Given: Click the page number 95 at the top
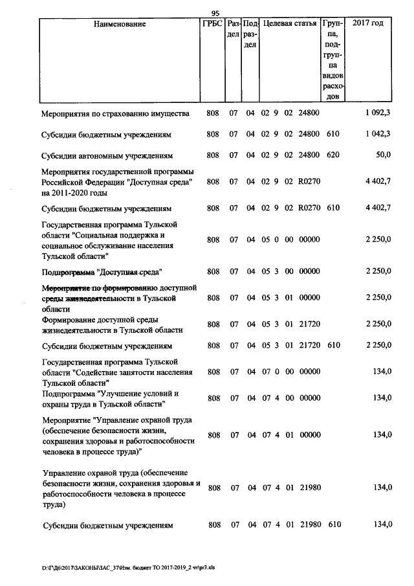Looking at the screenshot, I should click(x=215, y=14).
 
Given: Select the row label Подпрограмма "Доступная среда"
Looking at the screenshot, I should click(x=102, y=272).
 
